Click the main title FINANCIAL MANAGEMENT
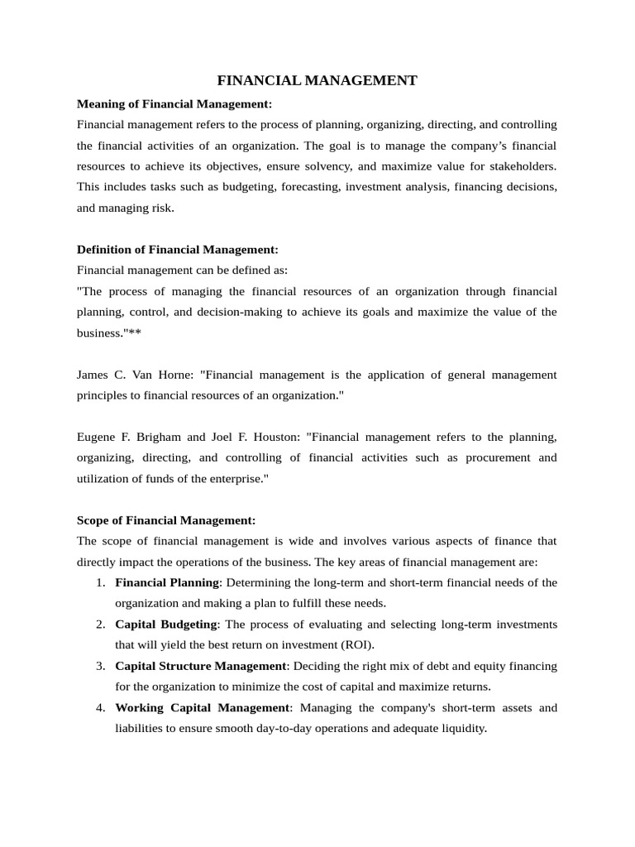tap(317, 80)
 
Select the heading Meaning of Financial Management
tap(174, 103)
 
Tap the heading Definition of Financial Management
tap(178, 249)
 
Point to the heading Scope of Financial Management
tap(166, 520)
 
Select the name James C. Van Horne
tap(135, 375)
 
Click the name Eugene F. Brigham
tap(126, 437)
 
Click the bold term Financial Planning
tap(167, 582)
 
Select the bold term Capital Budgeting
tap(165, 624)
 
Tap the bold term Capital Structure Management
tap(200, 666)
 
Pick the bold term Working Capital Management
tap(203, 707)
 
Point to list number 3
tap(100, 666)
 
